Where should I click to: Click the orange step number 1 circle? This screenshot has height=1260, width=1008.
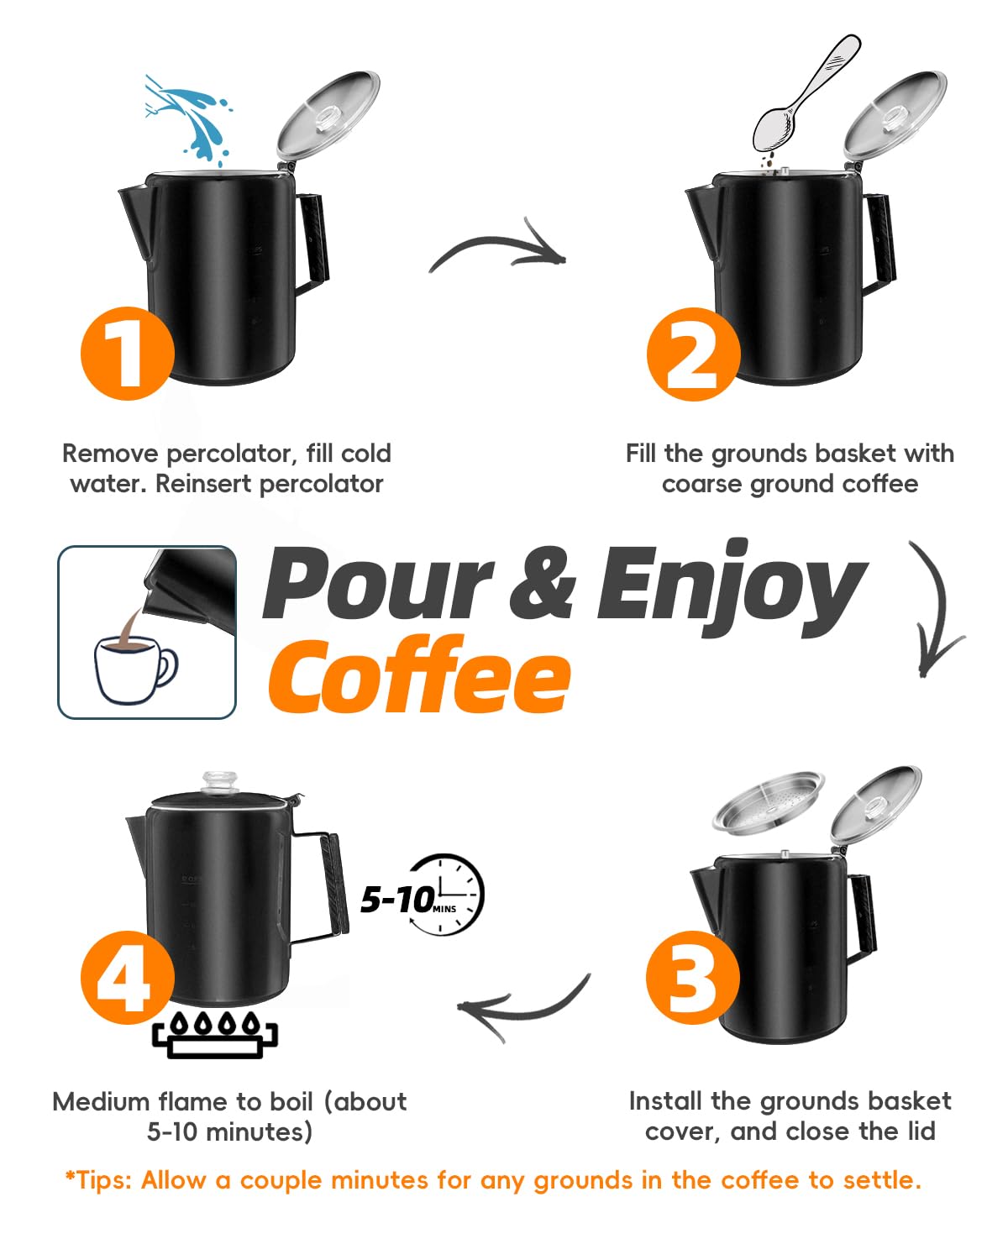point(127,353)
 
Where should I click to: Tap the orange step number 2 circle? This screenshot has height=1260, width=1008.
point(693,354)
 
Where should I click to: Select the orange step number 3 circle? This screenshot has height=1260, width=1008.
point(693,977)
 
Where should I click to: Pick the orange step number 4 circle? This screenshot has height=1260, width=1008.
point(127,977)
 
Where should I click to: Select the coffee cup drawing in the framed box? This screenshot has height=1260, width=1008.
point(134,668)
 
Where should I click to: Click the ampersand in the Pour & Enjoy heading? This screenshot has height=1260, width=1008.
point(543,583)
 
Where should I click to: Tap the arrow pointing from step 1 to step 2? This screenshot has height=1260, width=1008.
point(499,249)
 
